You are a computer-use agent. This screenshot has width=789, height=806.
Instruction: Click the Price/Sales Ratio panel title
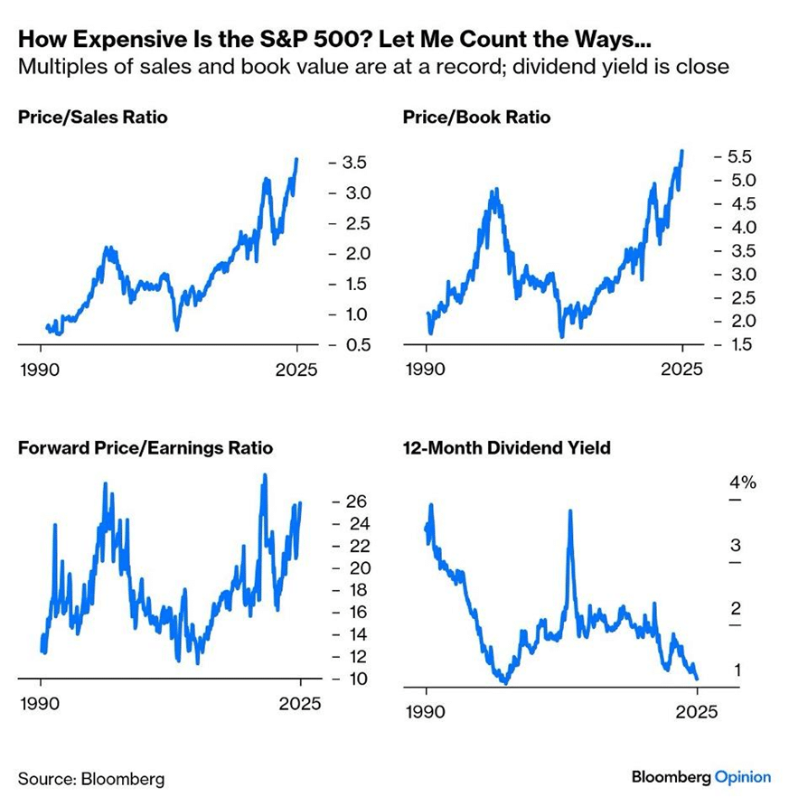(93, 117)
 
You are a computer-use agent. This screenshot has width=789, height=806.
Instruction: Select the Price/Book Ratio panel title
(475, 117)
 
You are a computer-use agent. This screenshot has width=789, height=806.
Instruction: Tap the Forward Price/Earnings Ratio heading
(146, 448)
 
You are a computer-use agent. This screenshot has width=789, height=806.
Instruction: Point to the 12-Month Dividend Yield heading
(506, 448)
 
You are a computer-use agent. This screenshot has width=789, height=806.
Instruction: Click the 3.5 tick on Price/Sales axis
(353, 164)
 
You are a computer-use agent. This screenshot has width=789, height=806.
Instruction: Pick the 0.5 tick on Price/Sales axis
(353, 345)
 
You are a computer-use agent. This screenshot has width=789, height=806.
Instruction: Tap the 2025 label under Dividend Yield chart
(697, 712)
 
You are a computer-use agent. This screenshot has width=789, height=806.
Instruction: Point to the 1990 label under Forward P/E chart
(42, 703)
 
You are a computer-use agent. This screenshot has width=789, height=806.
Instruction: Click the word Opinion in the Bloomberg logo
(742, 777)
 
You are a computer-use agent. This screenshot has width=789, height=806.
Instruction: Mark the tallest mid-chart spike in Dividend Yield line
(570, 512)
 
